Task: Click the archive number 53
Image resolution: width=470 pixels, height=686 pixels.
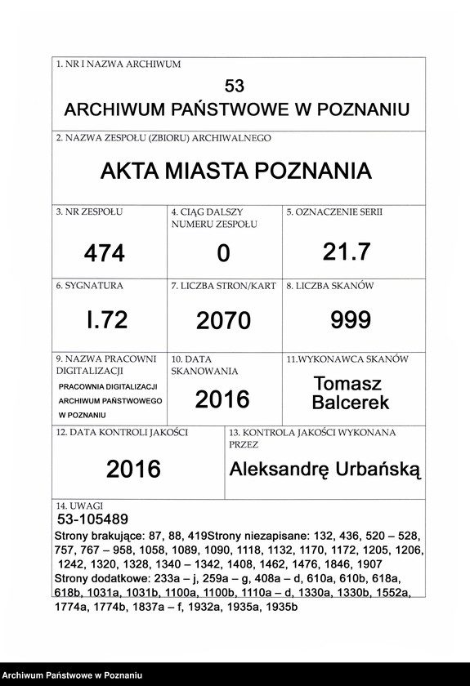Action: [235, 86]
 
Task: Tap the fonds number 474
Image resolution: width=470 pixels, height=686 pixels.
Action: [105, 254]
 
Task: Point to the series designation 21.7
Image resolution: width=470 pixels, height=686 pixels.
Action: [347, 252]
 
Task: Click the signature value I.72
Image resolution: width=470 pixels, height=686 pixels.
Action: [107, 320]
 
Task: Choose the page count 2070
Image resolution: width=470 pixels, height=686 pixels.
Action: [223, 321]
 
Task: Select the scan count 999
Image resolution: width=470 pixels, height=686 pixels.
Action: [351, 320]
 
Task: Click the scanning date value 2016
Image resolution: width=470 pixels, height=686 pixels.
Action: [222, 399]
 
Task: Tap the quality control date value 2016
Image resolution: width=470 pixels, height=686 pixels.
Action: [133, 469]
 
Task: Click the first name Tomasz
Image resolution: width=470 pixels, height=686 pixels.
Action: [347, 384]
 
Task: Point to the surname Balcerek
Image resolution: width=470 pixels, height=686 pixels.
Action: [351, 403]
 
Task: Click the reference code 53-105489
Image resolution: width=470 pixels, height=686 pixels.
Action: [92, 519]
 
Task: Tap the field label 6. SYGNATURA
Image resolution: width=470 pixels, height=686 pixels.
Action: [90, 287]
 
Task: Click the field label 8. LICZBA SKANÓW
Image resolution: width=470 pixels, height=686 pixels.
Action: [329, 287]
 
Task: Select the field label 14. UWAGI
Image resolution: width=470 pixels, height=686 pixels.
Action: [80, 506]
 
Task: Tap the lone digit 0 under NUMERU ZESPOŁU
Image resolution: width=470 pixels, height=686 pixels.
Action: [223, 255]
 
